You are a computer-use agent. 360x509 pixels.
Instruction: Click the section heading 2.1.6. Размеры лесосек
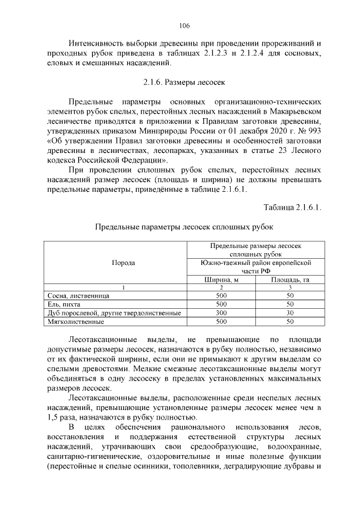click(184, 83)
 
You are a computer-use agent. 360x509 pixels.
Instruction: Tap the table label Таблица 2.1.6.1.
click(292, 208)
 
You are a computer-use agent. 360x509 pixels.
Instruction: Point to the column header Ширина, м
click(221, 280)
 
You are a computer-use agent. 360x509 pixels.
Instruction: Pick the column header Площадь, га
click(290, 280)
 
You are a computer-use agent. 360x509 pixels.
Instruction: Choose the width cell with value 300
click(221, 313)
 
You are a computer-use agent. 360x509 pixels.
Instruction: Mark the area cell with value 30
click(290, 313)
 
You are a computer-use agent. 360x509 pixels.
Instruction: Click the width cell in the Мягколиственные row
click(221, 322)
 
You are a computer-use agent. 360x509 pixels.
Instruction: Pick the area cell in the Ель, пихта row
click(290, 304)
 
